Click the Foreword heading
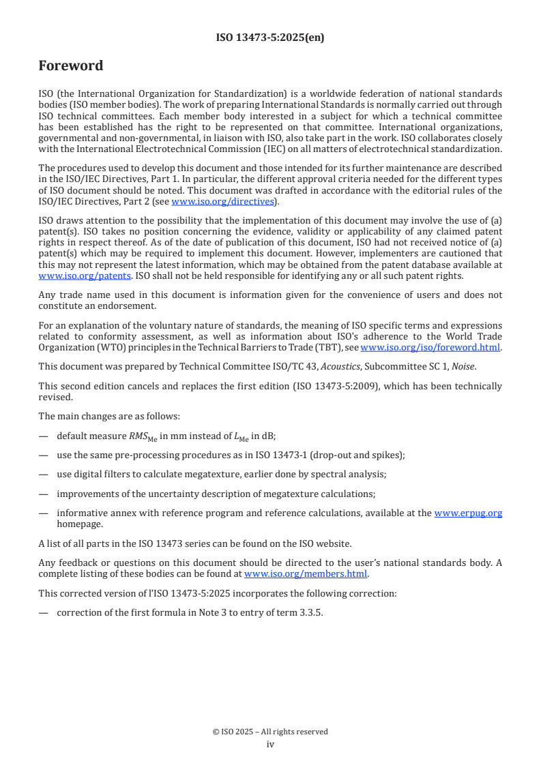pyautogui.click(x=71, y=66)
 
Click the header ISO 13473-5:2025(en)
pyautogui.click(x=270, y=37)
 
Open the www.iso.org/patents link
pyautogui.click(x=66, y=275)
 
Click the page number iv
pyautogui.click(x=270, y=744)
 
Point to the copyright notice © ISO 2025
pyautogui.click(x=270, y=732)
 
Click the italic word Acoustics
pyautogui.click(x=341, y=366)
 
